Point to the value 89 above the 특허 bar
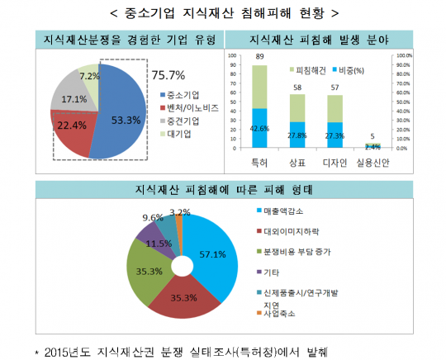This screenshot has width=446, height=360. point(259,56)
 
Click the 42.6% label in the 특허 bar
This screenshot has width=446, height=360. point(259,128)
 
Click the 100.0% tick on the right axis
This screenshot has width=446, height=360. point(405,56)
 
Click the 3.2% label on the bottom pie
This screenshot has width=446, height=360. point(190,212)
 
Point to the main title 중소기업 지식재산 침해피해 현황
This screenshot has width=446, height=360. point(223,13)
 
